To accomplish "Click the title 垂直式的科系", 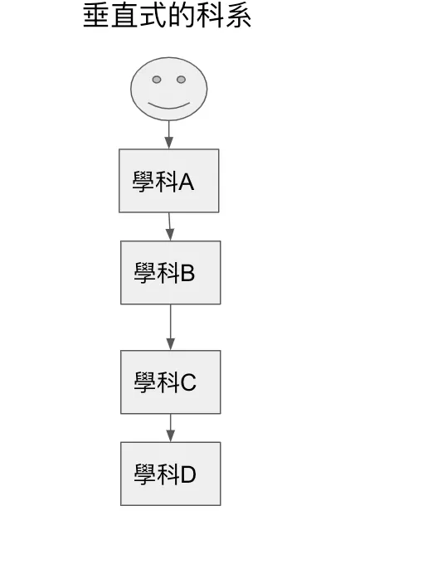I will click(x=167, y=16).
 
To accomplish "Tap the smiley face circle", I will click(x=168, y=89).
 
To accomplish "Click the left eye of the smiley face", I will click(x=156, y=80).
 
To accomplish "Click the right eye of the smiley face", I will click(x=181, y=80).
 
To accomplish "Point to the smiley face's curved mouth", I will click(x=168, y=105).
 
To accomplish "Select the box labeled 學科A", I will click(x=168, y=181).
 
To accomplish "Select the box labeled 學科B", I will click(x=170, y=273).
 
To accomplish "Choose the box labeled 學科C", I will click(x=170, y=382).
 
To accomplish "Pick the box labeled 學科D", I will click(x=170, y=474).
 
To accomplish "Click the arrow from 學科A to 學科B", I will click(x=169, y=226).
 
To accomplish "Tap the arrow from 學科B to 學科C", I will click(x=170, y=327).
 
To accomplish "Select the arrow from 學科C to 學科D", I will click(x=170, y=427).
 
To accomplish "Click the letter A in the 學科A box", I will click(x=186, y=182).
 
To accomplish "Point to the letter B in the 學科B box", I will click(x=187, y=274).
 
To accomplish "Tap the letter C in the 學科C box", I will click(x=188, y=382).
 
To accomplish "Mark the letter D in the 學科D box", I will click(x=188, y=474).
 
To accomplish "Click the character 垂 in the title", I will click(x=96, y=16).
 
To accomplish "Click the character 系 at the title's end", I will click(x=238, y=16).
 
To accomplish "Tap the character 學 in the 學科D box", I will click(x=145, y=474).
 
